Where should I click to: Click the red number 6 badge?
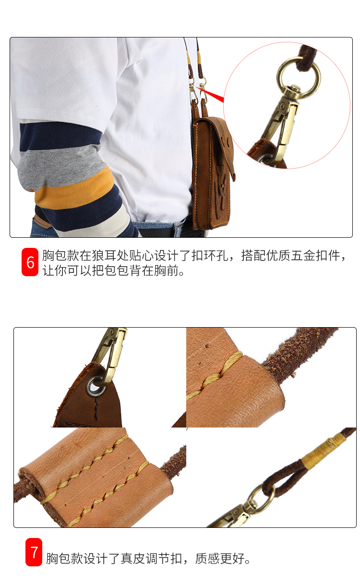[30, 262]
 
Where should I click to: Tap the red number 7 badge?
[34, 552]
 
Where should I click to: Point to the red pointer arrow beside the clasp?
[211, 95]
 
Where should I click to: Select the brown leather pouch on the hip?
[213, 171]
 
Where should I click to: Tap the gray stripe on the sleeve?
[60, 165]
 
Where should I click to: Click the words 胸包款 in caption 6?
[61, 256]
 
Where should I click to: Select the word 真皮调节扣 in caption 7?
[152, 559]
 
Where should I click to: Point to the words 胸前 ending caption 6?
[166, 270]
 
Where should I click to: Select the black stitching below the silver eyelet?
[96, 407]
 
